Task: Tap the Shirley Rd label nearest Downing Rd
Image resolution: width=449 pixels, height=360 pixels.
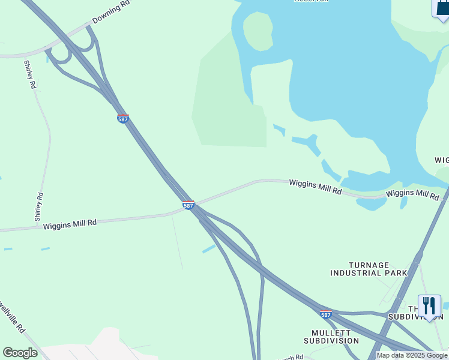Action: click(30, 74)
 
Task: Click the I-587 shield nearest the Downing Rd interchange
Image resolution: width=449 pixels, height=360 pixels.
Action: click(122, 119)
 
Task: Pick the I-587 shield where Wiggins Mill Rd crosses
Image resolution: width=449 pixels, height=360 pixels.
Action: click(188, 205)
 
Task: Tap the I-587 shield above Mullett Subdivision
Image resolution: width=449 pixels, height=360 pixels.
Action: click(325, 314)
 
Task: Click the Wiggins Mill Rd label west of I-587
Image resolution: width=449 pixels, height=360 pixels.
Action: click(70, 223)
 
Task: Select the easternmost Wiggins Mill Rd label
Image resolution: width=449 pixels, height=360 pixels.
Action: click(413, 194)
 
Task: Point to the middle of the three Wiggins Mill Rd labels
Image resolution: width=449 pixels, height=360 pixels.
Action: click(315, 187)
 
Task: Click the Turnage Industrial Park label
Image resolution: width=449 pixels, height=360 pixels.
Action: click(369, 269)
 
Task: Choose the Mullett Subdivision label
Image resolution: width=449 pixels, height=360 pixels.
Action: click(335, 337)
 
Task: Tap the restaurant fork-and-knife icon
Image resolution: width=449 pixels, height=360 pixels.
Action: click(429, 306)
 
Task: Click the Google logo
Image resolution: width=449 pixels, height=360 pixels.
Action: click(20, 353)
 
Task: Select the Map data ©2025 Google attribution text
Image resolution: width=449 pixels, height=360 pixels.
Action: click(412, 355)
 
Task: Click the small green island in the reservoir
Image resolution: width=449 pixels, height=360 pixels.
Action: click(258, 30)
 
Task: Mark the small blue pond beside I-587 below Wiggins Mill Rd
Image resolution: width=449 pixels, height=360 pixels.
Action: click(209, 248)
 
